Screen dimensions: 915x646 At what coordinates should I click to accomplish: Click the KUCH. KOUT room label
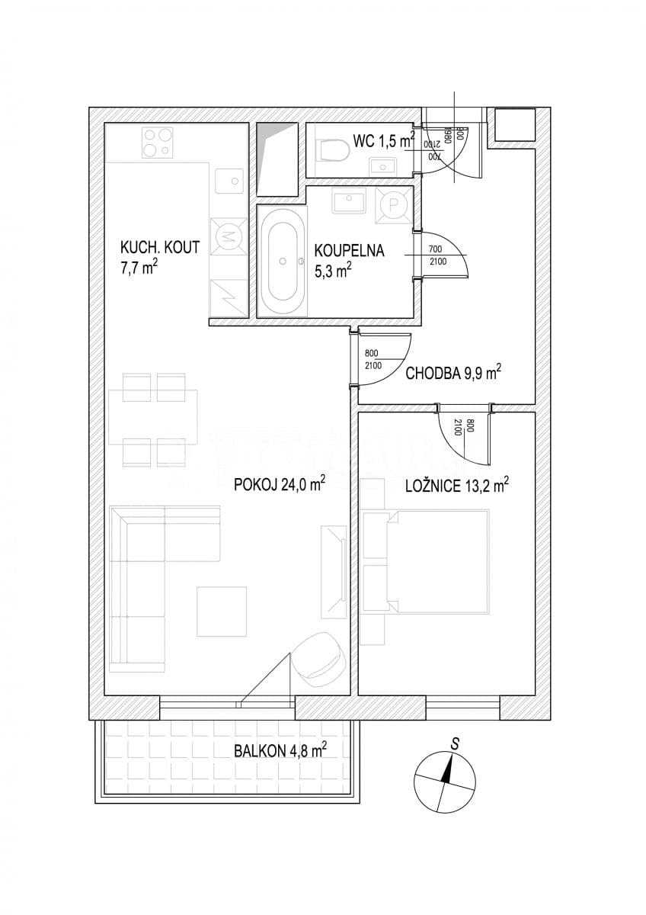[160, 246]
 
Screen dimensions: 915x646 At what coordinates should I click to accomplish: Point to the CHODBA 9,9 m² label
[453, 373]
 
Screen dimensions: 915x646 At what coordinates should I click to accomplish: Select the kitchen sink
[228, 181]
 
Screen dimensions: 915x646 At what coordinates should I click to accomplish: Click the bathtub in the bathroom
[283, 262]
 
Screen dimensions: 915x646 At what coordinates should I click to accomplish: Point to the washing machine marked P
[393, 204]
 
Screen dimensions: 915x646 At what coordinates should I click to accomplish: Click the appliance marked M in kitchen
[227, 237]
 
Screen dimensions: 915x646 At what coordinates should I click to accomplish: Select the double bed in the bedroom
[434, 561]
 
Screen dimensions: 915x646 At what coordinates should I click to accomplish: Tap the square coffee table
[222, 611]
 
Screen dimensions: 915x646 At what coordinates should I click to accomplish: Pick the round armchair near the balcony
[317, 657]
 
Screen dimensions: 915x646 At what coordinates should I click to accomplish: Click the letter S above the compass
[455, 742]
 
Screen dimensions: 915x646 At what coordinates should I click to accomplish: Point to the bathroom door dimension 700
[436, 249]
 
